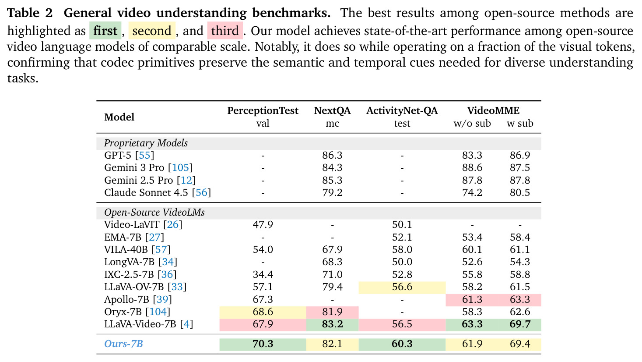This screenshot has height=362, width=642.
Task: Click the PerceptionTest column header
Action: (x=263, y=110)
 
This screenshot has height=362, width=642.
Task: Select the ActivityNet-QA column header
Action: (x=402, y=110)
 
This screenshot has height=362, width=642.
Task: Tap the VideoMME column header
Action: (x=493, y=110)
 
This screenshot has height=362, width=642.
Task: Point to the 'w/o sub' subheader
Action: (x=472, y=123)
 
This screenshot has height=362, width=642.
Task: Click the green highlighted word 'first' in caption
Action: (x=105, y=31)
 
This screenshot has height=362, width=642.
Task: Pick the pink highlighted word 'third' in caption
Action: (x=225, y=31)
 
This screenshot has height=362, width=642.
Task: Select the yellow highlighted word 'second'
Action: (x=151, y=31)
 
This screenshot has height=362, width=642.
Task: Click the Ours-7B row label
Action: (x=123, y=344)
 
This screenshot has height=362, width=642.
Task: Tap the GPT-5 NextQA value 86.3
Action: (x=332, y=155)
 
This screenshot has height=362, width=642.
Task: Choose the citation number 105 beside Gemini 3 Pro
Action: (x=181, y=168)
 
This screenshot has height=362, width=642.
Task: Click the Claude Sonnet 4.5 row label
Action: (x=158, y=192)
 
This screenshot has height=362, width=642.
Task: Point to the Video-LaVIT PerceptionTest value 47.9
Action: (x=263, y=224)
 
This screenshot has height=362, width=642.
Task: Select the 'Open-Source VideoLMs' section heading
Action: (x=154, y=213)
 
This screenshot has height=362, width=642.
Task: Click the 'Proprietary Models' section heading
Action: (x=146, y=143)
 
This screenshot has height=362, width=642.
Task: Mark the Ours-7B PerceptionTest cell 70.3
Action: (x=263, y=344)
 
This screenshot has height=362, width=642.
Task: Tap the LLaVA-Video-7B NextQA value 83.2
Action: (x=332, y=324)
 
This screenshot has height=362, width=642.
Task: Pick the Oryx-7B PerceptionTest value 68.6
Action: (x=263, y=312)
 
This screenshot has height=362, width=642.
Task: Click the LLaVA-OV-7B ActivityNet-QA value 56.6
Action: (x=402, y=287)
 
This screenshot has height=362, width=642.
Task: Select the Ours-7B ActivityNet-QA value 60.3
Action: (x=402, y=344)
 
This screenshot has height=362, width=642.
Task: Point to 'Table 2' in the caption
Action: (x=30, y=13)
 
